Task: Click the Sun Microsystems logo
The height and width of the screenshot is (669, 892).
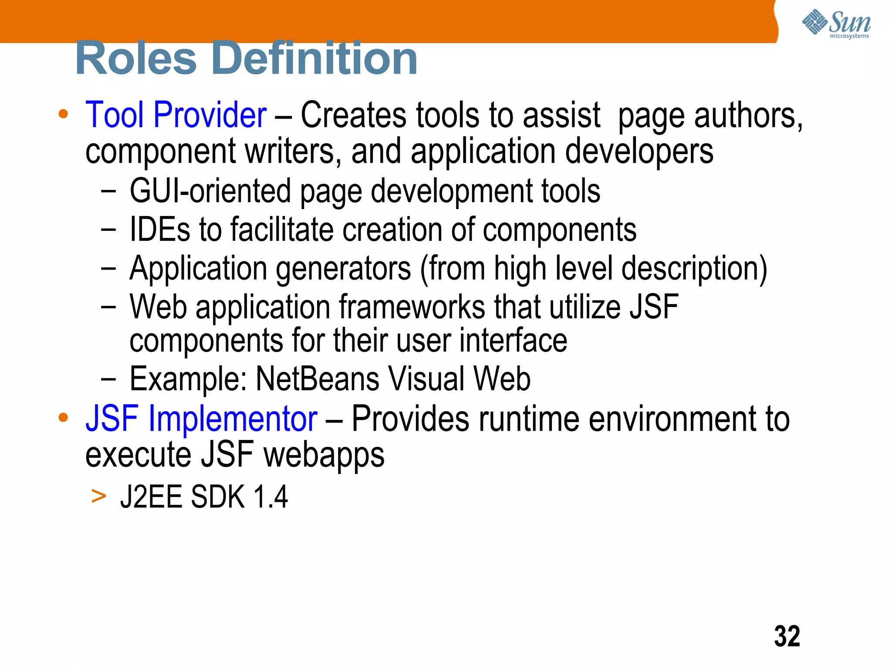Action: pyautogui.click(x=836, y=24)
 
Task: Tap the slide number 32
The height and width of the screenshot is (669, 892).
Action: pyautogui.click(x=787, y=636)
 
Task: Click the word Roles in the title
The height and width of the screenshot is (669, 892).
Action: pyautogui.click(x=136, y=58)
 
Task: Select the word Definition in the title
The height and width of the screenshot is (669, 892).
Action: pyautogui.click(x=316, y=58)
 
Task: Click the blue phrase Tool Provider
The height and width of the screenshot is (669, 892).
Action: pyautogui.click(x=176, y=115)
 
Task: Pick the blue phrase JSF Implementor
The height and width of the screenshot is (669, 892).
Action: pyautogui.click(x=201, y=419)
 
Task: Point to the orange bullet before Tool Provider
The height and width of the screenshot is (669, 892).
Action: pyautogui.click(x=64, y=114)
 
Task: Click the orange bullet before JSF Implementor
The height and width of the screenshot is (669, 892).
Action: pyautogui.click(x=64, y=418)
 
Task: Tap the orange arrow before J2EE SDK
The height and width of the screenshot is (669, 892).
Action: pyautogui.click(x=99, y=496)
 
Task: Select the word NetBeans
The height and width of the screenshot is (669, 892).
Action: pyautogui.click(x=317, y=379)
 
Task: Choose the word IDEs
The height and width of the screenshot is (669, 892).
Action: pyautogui.click(x=160, y=230)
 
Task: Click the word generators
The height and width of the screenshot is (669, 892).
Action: pyautogui.click(x=344, y=269)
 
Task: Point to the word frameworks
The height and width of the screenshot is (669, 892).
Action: pyautogui.click(x=412, y=307)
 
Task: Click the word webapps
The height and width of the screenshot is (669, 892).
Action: pyautogui.click(x=324, y=455)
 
